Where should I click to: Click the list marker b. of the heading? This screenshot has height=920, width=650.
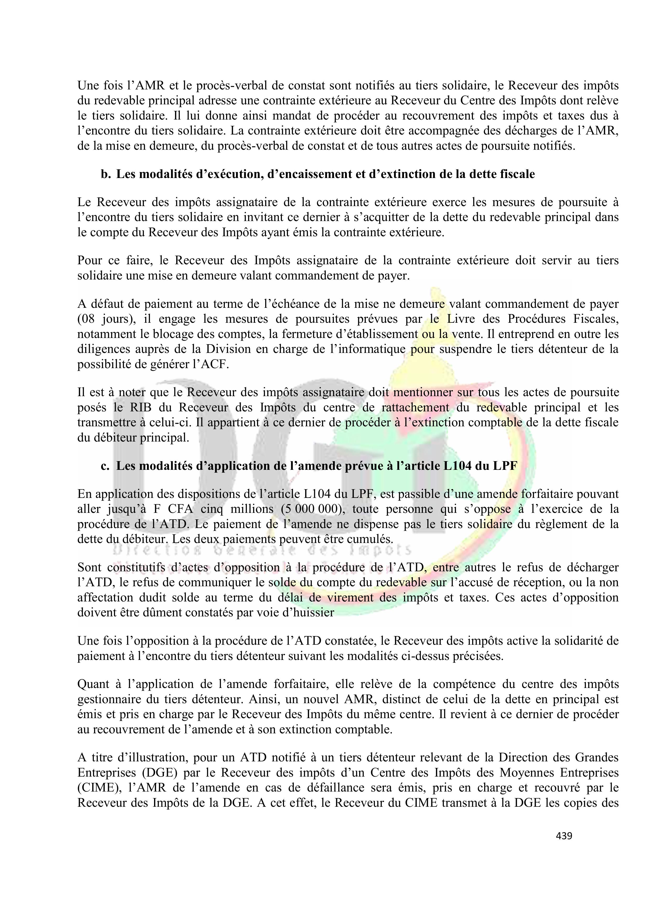coord(106,174)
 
